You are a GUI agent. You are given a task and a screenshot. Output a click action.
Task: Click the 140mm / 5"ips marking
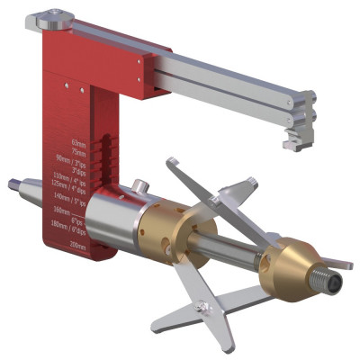(x=69, y=195)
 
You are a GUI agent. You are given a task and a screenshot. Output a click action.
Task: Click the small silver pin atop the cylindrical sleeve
(x=139, y=187)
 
